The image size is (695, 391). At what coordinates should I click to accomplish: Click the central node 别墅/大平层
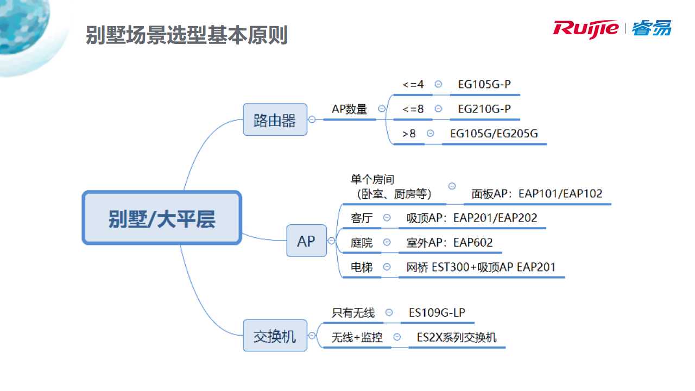(162, 218)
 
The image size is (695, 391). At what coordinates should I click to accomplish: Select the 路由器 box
(275, 119)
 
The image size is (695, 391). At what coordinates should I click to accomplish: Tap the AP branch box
(306, 241)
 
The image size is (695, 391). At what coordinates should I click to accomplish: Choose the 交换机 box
(275, 336)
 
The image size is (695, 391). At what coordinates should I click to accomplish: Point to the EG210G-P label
(484, 109)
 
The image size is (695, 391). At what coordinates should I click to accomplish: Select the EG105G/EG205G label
(494, 133)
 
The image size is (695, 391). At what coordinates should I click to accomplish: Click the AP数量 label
(349, 109)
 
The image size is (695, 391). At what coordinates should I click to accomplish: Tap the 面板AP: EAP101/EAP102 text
(536, 193)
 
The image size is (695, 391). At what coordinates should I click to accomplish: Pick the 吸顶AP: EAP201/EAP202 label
(471, 218)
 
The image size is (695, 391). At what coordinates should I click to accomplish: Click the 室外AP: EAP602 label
(449, 242)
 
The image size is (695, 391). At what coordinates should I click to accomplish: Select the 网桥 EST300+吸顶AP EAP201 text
(481, 267)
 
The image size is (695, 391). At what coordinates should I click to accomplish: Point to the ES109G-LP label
(437, 312)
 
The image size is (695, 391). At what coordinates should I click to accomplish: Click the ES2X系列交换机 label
(456, 337)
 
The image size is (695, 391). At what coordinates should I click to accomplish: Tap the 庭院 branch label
(362, 242)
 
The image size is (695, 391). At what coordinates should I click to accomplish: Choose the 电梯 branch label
(362, 267)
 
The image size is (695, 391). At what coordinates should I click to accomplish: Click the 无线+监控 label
(357, 337)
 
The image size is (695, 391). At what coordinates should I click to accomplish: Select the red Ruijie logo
(585, 28)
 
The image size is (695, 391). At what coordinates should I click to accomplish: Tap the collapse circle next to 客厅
(387, 217)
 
